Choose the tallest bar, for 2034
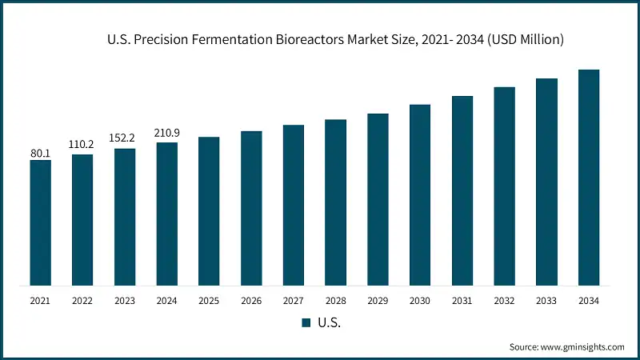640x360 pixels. click(588, 177)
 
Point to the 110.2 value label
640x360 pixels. click(82, 145)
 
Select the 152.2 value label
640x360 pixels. click(125, 139)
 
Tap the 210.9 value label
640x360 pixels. click(166, 133)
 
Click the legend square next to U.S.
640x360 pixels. click(305, 323)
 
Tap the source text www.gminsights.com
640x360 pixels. click(583, 347)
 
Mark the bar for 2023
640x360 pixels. click(125, 216)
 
